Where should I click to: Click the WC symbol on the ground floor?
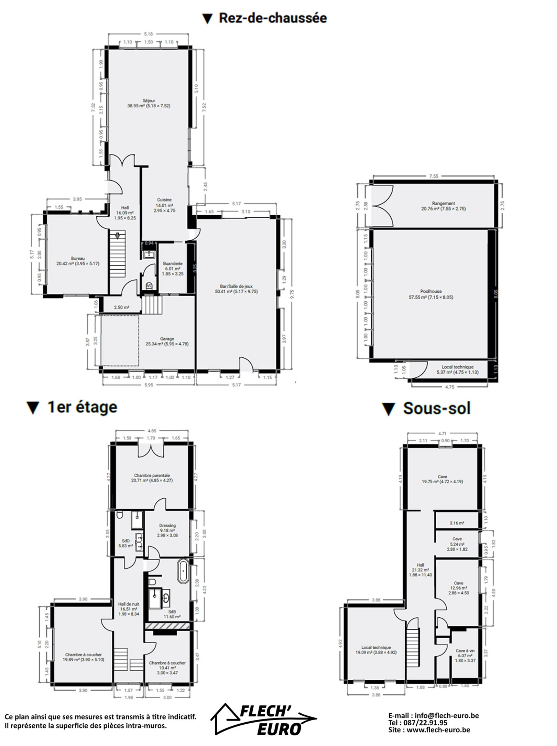tap(149, 285)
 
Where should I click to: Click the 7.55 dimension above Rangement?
tap(434, 176)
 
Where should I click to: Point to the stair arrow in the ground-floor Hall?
tap(118, 236)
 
